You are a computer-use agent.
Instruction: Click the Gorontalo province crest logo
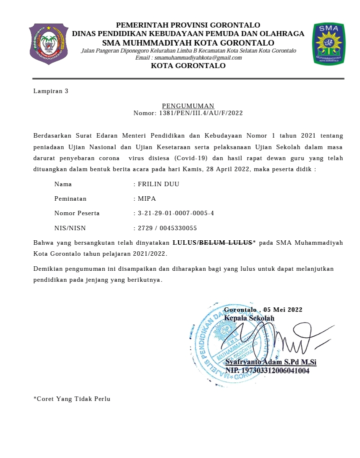coord(48,44)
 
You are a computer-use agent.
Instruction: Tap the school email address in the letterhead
coord(188,58)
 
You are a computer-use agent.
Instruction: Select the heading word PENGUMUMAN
coord(188,106)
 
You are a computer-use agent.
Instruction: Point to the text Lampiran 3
coord(50,91)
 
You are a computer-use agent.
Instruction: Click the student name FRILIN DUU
coord(158,184)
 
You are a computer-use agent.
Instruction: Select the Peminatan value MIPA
coord(147,199)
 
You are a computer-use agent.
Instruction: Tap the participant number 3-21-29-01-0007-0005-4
coord(176,213)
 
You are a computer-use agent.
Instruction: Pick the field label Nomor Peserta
coord(77,213)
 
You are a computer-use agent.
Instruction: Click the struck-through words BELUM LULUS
coord(225,243)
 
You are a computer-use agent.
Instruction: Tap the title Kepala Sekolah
coord(249,318)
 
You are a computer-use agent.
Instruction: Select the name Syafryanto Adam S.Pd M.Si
coord(270,362)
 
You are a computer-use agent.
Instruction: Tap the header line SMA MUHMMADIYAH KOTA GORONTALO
coord(188,43)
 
